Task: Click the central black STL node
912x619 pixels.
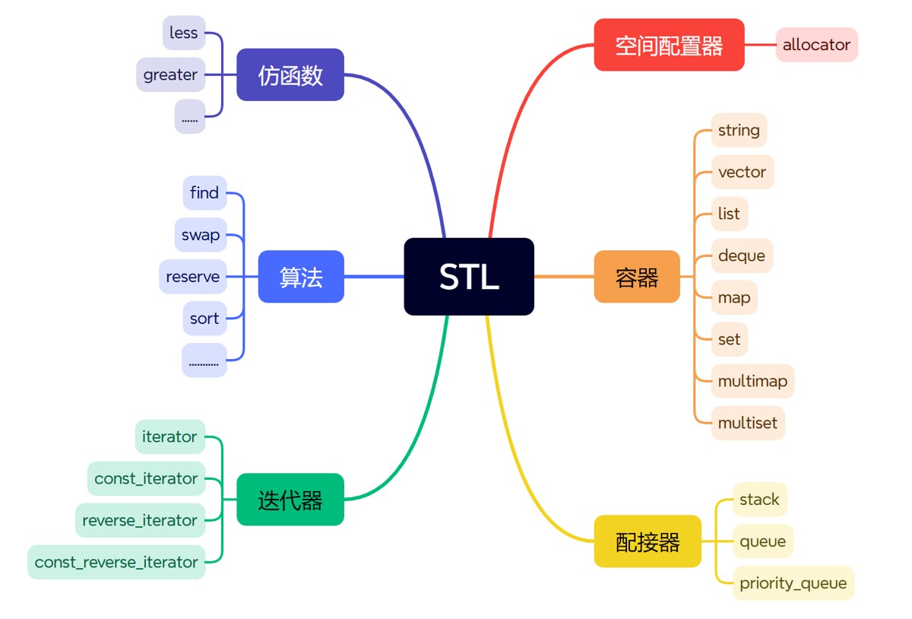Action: click(469, 277)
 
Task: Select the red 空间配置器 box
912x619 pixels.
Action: click(669, 45)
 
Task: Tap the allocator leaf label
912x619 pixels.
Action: click(816, 45)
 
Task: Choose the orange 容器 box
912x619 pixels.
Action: click(637, 277)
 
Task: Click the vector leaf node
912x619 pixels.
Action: click(742, 173)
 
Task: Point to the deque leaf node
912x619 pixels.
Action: click(741, 256)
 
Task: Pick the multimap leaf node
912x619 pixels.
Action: click(752, 381)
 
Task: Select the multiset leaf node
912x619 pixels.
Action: click(747, 423)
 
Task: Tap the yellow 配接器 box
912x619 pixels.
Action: click(648, 541)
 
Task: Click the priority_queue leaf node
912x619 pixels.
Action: click(793, 583)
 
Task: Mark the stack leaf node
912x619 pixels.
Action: click(759, 500)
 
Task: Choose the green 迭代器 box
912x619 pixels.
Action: click(290, 500)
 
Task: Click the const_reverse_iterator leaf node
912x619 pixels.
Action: click(116, 562)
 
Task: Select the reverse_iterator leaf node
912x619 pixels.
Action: click(140, 520)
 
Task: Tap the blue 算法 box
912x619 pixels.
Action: click(301, 277)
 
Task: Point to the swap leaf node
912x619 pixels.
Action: click(201, 235)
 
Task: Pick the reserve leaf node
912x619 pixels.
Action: click(192, 277)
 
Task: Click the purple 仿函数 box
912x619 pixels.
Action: click(290, 75)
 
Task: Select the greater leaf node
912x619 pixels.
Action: click(171, 75)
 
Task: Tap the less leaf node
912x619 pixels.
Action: click(184, 33)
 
